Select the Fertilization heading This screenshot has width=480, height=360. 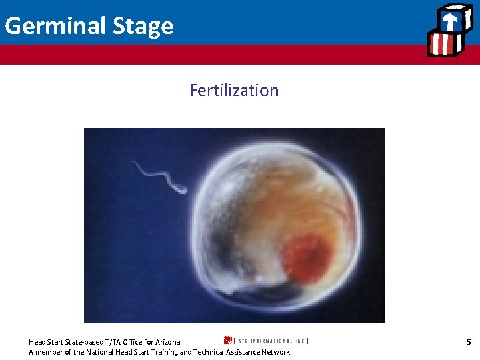pyautogui.click(x=234, y=90)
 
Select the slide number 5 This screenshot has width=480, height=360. pyautogui.click(x=469, y=342)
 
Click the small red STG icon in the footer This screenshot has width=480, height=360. pyautogui.click(x=227, y=341)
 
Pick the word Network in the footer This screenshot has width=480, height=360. pyautogui.click(x=274, y=352)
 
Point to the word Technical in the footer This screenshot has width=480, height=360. pyautogui.click(x=208, y=352)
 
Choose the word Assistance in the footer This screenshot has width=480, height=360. pyautogui.click(x=241, y=352)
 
